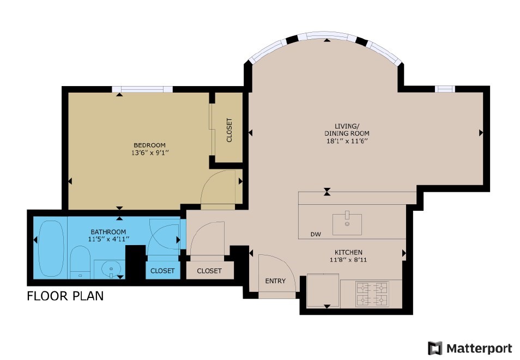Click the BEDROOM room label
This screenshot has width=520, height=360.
click(149, 145)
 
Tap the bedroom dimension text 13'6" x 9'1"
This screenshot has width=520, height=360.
click(150, 153)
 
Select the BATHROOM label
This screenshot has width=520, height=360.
click(108, 232)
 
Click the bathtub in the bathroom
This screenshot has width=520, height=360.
click(51, 248)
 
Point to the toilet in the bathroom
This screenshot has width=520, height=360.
click(80, 262)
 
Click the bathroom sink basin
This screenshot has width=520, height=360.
click(111, 269)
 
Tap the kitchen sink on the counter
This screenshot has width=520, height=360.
click(347, 224)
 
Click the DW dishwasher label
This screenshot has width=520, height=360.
click(316, 234)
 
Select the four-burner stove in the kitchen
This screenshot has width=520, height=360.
click(372, 294)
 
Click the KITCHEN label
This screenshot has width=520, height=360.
click(348, 252)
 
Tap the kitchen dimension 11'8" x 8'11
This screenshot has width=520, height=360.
click(348, 260)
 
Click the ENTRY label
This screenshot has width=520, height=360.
click(275, 281)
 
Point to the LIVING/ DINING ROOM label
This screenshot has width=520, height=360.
click(347, 130)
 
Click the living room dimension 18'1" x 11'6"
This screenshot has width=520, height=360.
click(347, 141)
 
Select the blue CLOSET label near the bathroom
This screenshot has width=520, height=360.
click(162, 271)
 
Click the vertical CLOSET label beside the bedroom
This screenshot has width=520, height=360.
click(229, 130)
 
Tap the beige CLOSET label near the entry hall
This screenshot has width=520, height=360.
click(209, 271)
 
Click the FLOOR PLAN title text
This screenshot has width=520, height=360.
click(65, 296)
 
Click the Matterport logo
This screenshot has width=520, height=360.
click(470, 349)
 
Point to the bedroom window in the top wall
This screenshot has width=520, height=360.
click(143, 89)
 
